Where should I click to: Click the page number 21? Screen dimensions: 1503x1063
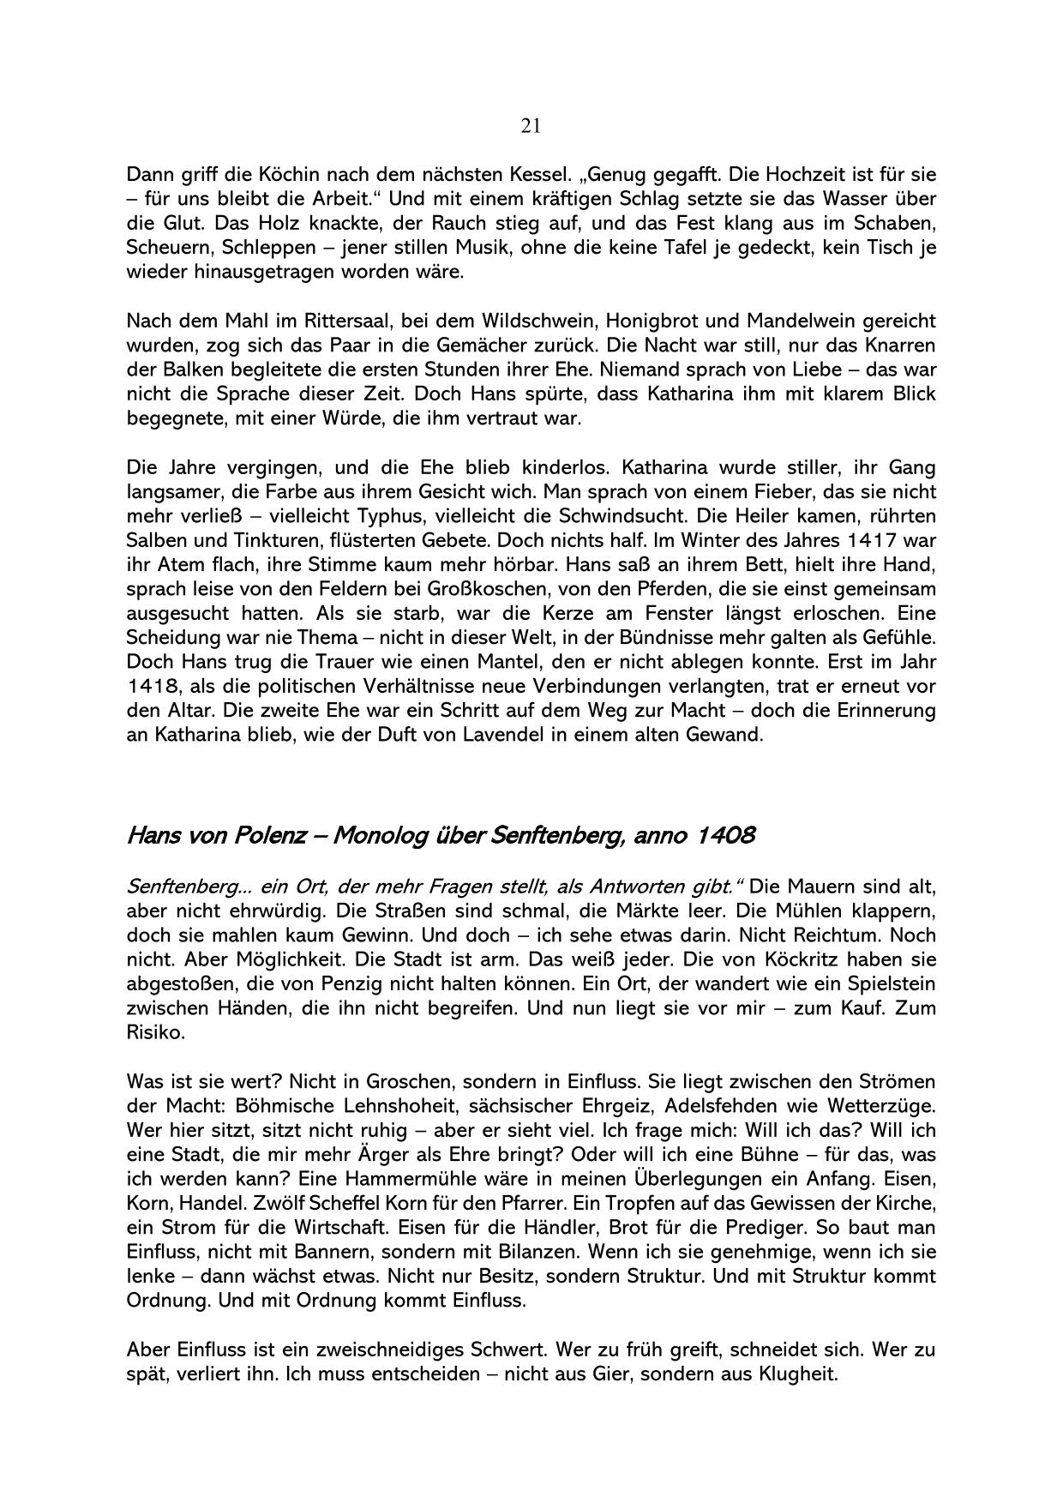[x=531, y=127]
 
